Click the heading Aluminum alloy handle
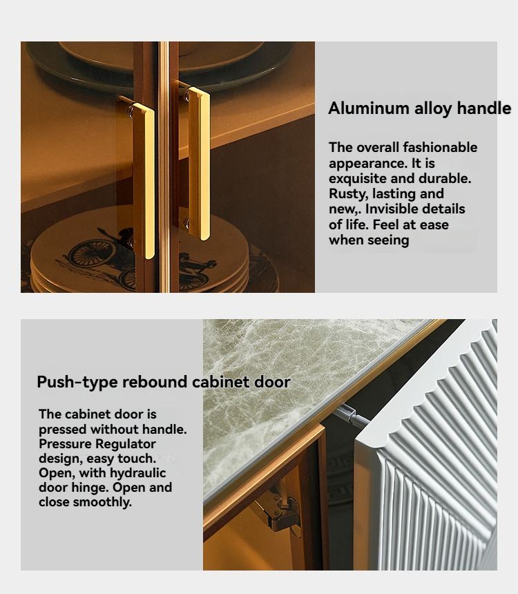pyautogui.click(x=419, y=108)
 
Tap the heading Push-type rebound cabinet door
pyautogui.click(x=164, y=382)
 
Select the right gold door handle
pyautogui.click(x=199, y=163)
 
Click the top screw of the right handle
pyautogui.click(x=186, y=96)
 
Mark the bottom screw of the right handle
pyautogui.click(x=186, y=224)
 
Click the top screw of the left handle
pyautogui.click(x=131, y=112)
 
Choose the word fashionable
pyautogui.click(x=440, y=147)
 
